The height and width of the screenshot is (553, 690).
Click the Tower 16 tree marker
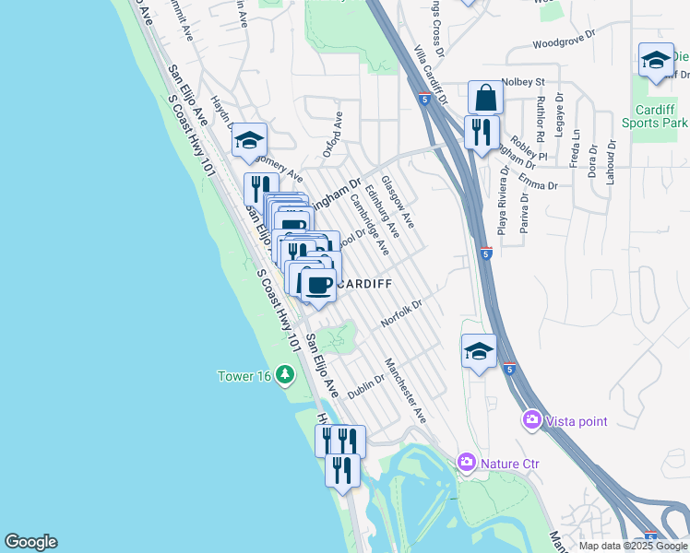(x=286, y=374)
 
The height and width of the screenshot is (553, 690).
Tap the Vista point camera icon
(x=532, y=421)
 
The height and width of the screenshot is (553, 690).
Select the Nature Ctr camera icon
(x=467, y=462)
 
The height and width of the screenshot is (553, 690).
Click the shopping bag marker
(x=485, y=97)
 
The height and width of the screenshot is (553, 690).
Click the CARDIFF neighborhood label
(x=367, y=284)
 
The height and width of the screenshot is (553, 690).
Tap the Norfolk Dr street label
(x=400, y=314)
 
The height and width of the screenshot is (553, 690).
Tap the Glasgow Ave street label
(x=399, y=204)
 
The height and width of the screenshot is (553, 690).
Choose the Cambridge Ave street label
(x=369, y=224)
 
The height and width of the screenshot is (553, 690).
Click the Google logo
(x=30, y=542)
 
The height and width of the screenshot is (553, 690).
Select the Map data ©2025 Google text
(x=631, y=545)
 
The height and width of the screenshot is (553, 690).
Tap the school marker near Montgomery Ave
(x=248, y=140)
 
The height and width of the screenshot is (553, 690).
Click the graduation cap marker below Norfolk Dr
(x=479, y=350)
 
